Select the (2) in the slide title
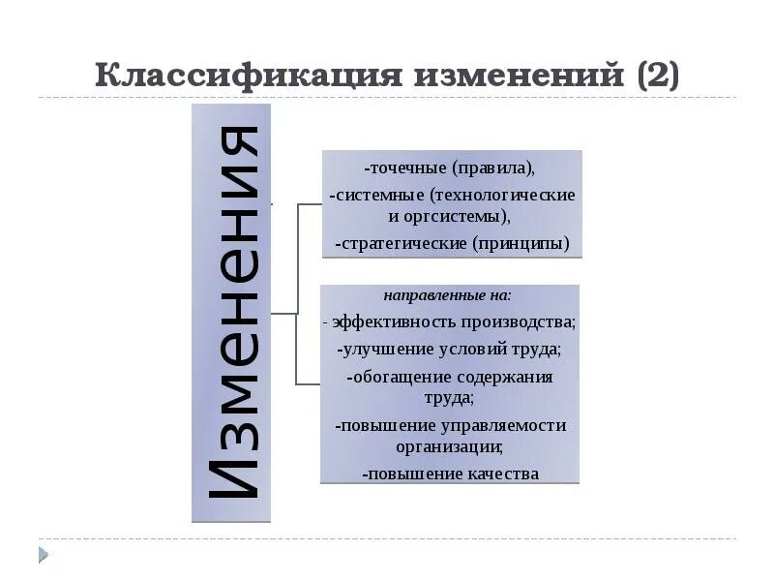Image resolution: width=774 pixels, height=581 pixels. pyautogui.click(x=658, y=76)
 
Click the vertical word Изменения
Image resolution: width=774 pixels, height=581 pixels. pyautogui.click(x=232, y=313)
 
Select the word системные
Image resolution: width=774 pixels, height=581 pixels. pyautogui.click(x=376, y=195)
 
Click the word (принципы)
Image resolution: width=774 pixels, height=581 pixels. pyautogui.click(x=521, y=242)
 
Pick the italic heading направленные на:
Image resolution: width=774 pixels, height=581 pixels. pyautogui.click(x=447, y=293)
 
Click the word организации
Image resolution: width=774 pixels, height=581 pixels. pyautogui.click(x=449, y=446)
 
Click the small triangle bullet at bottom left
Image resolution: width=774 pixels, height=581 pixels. pyautogui.click(x=43, y=555)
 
